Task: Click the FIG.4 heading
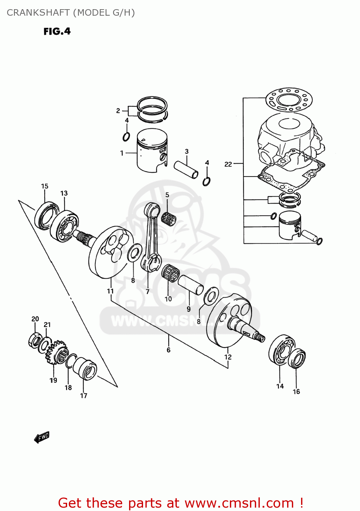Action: [x=57, y=31]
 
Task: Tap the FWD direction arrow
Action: [x=42, y=437]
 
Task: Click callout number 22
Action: [x=228, y=164]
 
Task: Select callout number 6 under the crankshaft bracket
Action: [x=168, y=350]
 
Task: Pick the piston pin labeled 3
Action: [x=186, y=169]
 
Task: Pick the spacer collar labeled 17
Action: [x=85, y=368]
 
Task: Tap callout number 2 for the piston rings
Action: [x=118, y=111]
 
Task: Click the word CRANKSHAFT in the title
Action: [x=38, y=13]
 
